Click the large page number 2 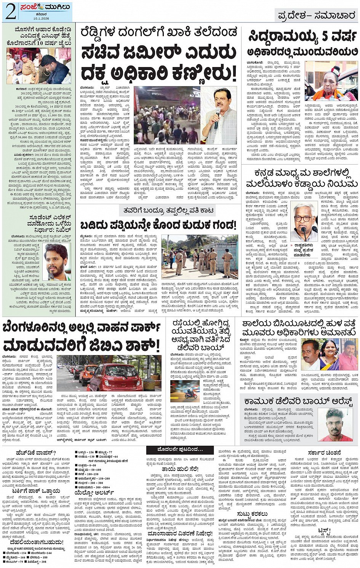(x=10, y=11)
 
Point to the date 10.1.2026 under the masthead (x=42, y=18)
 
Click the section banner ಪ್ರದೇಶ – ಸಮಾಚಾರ (x=317, y=15)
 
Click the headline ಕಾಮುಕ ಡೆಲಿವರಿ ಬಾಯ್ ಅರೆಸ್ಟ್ (x=298, y=401)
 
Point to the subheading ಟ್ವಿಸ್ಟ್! (x=325, y=531)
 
